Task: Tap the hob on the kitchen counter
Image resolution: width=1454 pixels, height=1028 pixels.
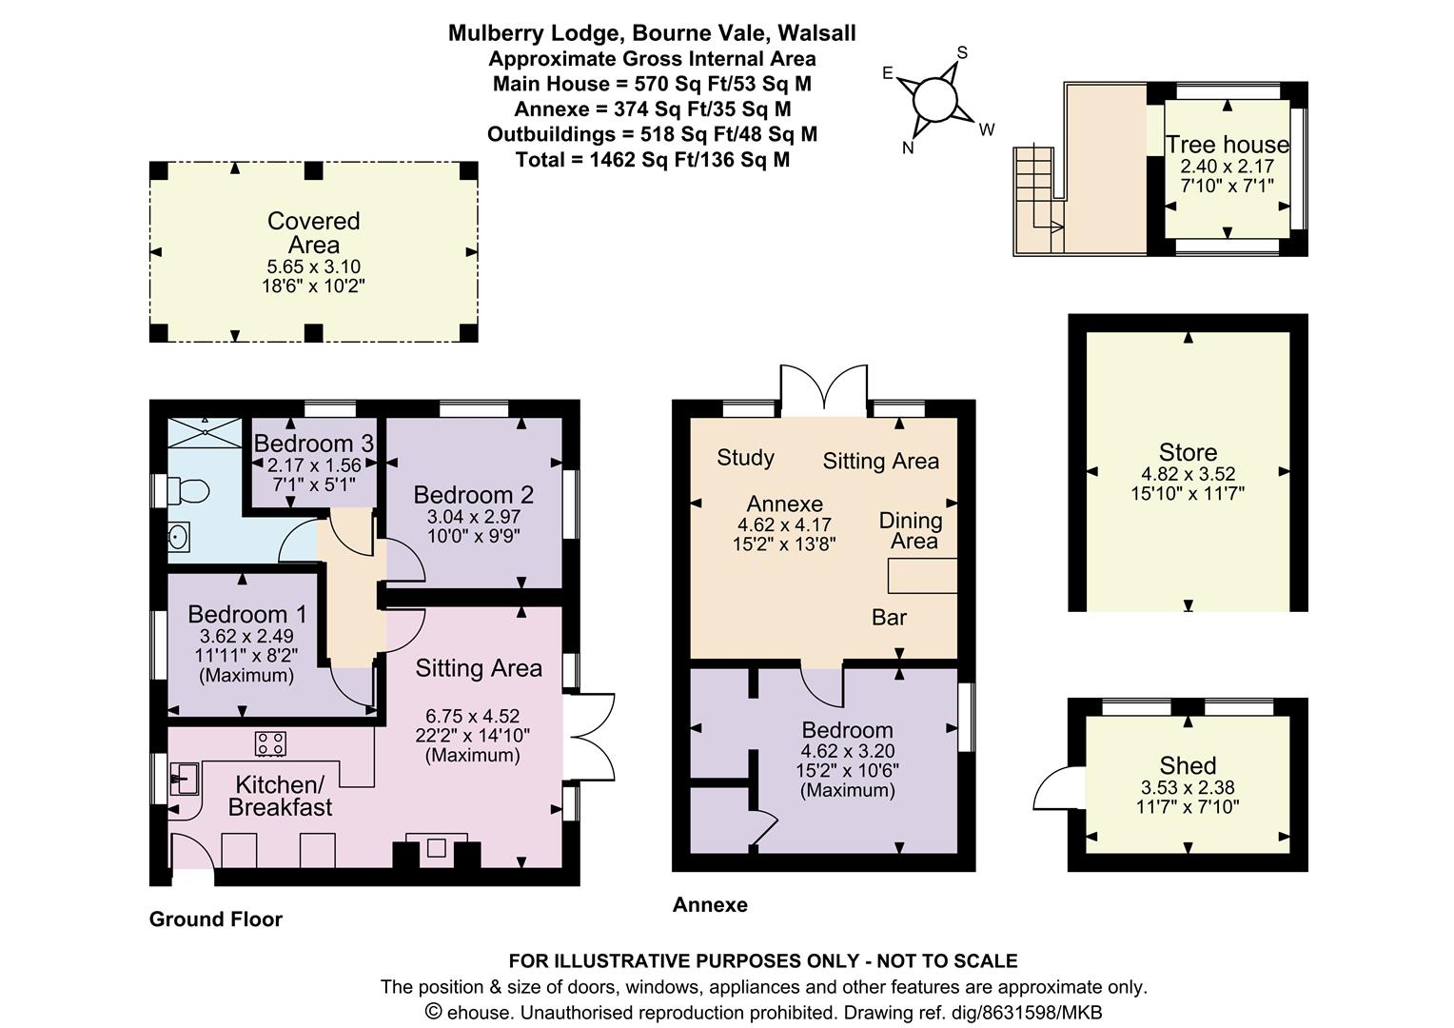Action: [270, 743]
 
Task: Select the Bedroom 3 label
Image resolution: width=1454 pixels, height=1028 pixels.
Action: [313, 444]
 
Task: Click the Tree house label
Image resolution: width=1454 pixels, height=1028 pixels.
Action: [1228, 144]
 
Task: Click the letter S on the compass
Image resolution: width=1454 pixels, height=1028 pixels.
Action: [963, 52]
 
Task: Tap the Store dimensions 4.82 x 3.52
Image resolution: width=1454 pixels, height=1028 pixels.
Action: [1188, 473]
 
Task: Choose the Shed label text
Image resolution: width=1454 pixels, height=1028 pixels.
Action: [1188, 765]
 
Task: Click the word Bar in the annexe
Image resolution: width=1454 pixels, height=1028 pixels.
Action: [890, 617]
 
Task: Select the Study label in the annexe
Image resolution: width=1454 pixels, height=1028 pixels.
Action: [746, 458]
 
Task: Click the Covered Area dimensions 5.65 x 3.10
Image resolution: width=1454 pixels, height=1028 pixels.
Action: [313, 267]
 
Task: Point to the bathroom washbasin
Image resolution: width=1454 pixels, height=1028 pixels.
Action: [178, 537]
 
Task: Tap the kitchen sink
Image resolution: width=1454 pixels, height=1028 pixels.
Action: [185, 779]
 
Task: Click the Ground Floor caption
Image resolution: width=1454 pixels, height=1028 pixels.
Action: [215, 919]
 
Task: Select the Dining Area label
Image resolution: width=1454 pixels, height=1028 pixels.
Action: [912, 530]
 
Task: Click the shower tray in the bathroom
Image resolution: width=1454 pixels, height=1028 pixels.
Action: [206, 432]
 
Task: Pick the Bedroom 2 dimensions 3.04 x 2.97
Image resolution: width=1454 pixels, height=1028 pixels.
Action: [474, 517]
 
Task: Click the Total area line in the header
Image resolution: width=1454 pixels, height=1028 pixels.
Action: [653, 159]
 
